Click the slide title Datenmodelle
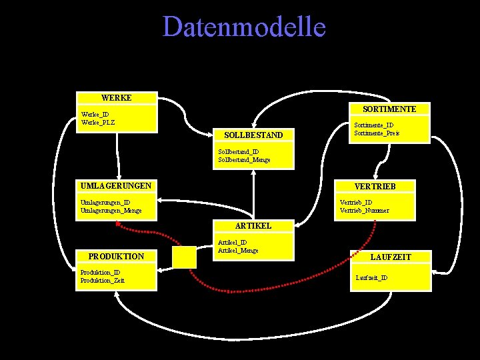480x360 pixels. pyautogui.click(x=244, y=27)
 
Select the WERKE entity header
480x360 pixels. pyautogui.click(x=116, y=98)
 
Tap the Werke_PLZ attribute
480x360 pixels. pyautogui.click(x=98, y=122)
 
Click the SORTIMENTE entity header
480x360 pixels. pyautogui.click(x=389, y=109)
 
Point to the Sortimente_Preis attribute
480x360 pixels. pyautogui.click(x=377, y=133)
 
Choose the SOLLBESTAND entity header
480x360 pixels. pyautogui.click(x=253, y=135)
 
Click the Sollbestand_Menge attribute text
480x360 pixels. pyautogui.click(x=244, y=160)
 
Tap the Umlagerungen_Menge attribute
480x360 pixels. pyautogui.click(x=111, y=211)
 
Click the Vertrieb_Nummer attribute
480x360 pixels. pyautogui.click(x=365, y=211)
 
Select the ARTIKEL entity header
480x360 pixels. pyautogui.click(x=253, y=226)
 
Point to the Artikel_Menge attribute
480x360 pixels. pyautogui.click(x=238, y=251)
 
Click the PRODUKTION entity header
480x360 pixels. pyautogui.click(x=116, y=257)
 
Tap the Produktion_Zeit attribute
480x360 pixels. pyautogui.click(x=102, y=281)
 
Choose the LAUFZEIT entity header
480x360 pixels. pyautogui.click(x=391, y=257)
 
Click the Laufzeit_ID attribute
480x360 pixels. pyautogui.click(x=372, y=277)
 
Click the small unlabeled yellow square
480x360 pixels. pyautogui.click(x=184, y=257)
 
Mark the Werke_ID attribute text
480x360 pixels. pyautogui.click(x=95, y=114)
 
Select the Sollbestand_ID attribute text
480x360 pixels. pyautogui.click(x=239, y=152)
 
